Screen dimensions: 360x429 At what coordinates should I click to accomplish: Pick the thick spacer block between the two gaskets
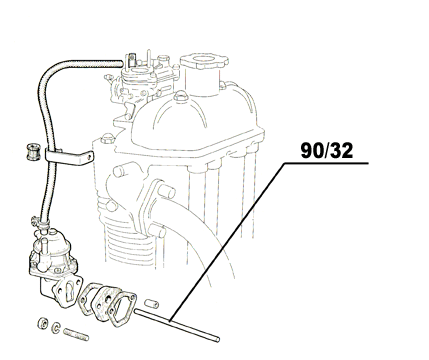(97, 297)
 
